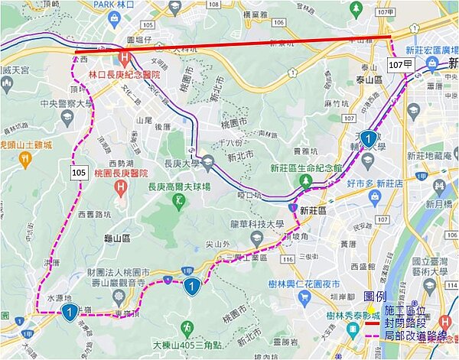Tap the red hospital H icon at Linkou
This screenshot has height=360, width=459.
click(x=124, y=56)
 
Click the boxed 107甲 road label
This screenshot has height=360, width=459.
click(x=401, y=65)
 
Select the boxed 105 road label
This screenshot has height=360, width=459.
click(x=79, y=173)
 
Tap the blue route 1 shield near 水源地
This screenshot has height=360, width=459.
click(x=70, y=312)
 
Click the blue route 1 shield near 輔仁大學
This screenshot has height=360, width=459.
click(x=369, y=139)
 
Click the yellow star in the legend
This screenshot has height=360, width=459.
click(x=373, y=310)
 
